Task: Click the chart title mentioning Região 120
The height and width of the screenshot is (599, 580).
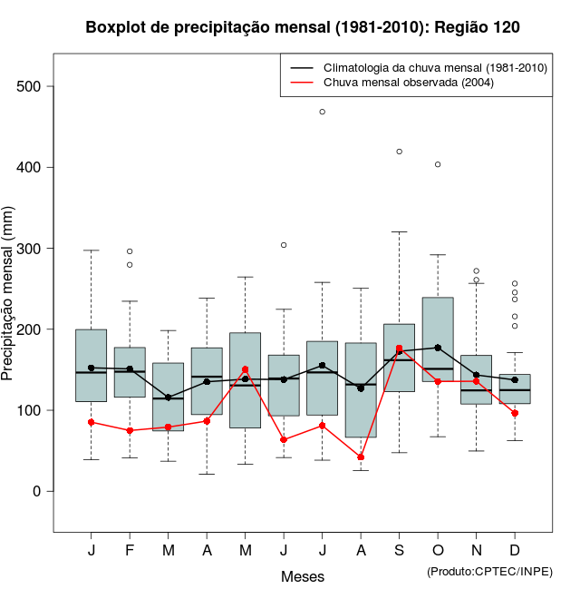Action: [303, 27]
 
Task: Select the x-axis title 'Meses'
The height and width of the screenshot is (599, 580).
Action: [303, 576]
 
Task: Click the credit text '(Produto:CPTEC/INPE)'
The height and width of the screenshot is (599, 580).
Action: [489, 571]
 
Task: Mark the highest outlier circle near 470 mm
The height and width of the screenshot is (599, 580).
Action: [322, 112]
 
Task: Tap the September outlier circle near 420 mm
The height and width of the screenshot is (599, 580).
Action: [400, 152]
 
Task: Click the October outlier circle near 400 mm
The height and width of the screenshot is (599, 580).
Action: [438, 164]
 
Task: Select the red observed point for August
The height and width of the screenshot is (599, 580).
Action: [361, 457]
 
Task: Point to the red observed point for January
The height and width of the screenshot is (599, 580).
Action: [92, 422]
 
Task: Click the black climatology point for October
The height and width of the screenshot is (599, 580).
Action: [438, 348]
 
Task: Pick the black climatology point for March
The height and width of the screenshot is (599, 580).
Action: [169, 398]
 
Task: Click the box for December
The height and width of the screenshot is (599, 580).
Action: [515, 388]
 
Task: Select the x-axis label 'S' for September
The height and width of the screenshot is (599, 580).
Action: [400, 551]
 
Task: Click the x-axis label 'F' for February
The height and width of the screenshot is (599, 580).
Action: [130, 551]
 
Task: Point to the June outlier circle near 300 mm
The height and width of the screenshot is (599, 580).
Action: [284, 245]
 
